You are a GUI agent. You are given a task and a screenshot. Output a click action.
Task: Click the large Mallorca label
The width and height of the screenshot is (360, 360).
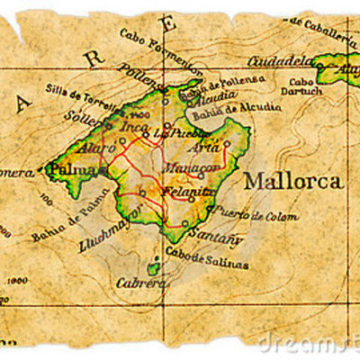click(292, 181)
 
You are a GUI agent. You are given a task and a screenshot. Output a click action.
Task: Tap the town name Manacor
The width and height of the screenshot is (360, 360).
click(192, 167)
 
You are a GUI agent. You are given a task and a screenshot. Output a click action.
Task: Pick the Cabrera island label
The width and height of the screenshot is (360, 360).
click(141, 283)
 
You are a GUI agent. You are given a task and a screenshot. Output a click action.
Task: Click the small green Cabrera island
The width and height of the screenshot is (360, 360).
click(154, 265)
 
